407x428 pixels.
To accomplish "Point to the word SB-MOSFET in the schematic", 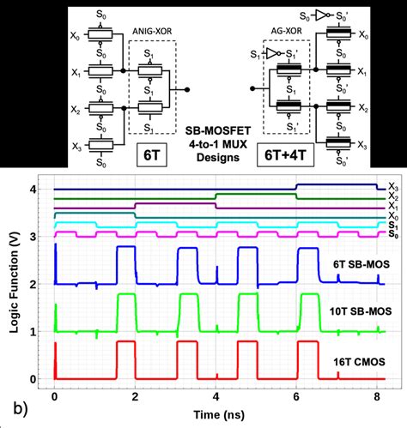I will [208, 129].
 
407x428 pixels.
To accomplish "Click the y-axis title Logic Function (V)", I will [12, 281].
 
